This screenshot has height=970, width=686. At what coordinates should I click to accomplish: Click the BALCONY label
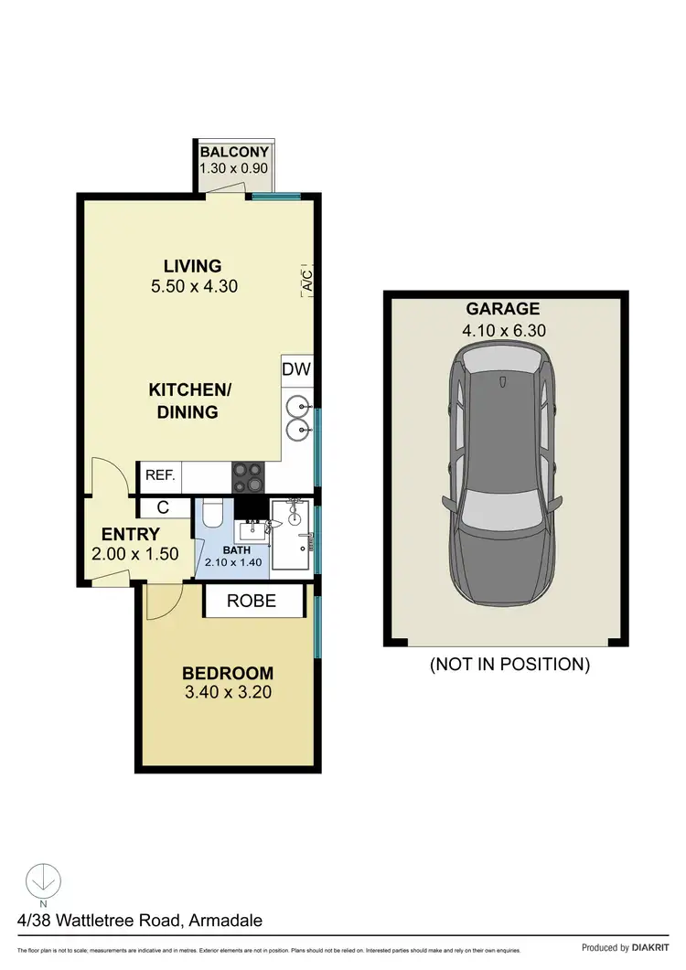click(x=234, y=152)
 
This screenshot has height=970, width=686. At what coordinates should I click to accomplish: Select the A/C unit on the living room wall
click(x=307, y=279)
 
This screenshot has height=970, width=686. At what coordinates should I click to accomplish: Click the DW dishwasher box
click(x=297, y=370)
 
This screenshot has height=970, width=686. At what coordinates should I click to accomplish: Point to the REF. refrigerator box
click(x=160, y=476)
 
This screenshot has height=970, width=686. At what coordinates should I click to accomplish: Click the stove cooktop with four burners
click(x=249, y=476)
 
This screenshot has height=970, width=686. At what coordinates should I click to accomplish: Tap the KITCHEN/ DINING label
click(x=190, y=401)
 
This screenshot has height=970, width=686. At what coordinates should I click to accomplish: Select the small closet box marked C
click(x=162, y=506)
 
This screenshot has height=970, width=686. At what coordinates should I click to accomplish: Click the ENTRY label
click(x=131, y=535)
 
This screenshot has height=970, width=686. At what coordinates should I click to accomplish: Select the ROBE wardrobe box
click(x=252, y=601)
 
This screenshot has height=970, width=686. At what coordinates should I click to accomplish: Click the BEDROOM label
click(x=227, y=672)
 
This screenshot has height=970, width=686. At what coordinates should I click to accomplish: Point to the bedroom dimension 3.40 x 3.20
click(x=227, y=692)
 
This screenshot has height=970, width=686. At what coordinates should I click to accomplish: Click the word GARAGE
click(x=503, y=309)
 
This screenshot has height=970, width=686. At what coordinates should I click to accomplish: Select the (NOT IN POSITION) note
click(x=509, y=665)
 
